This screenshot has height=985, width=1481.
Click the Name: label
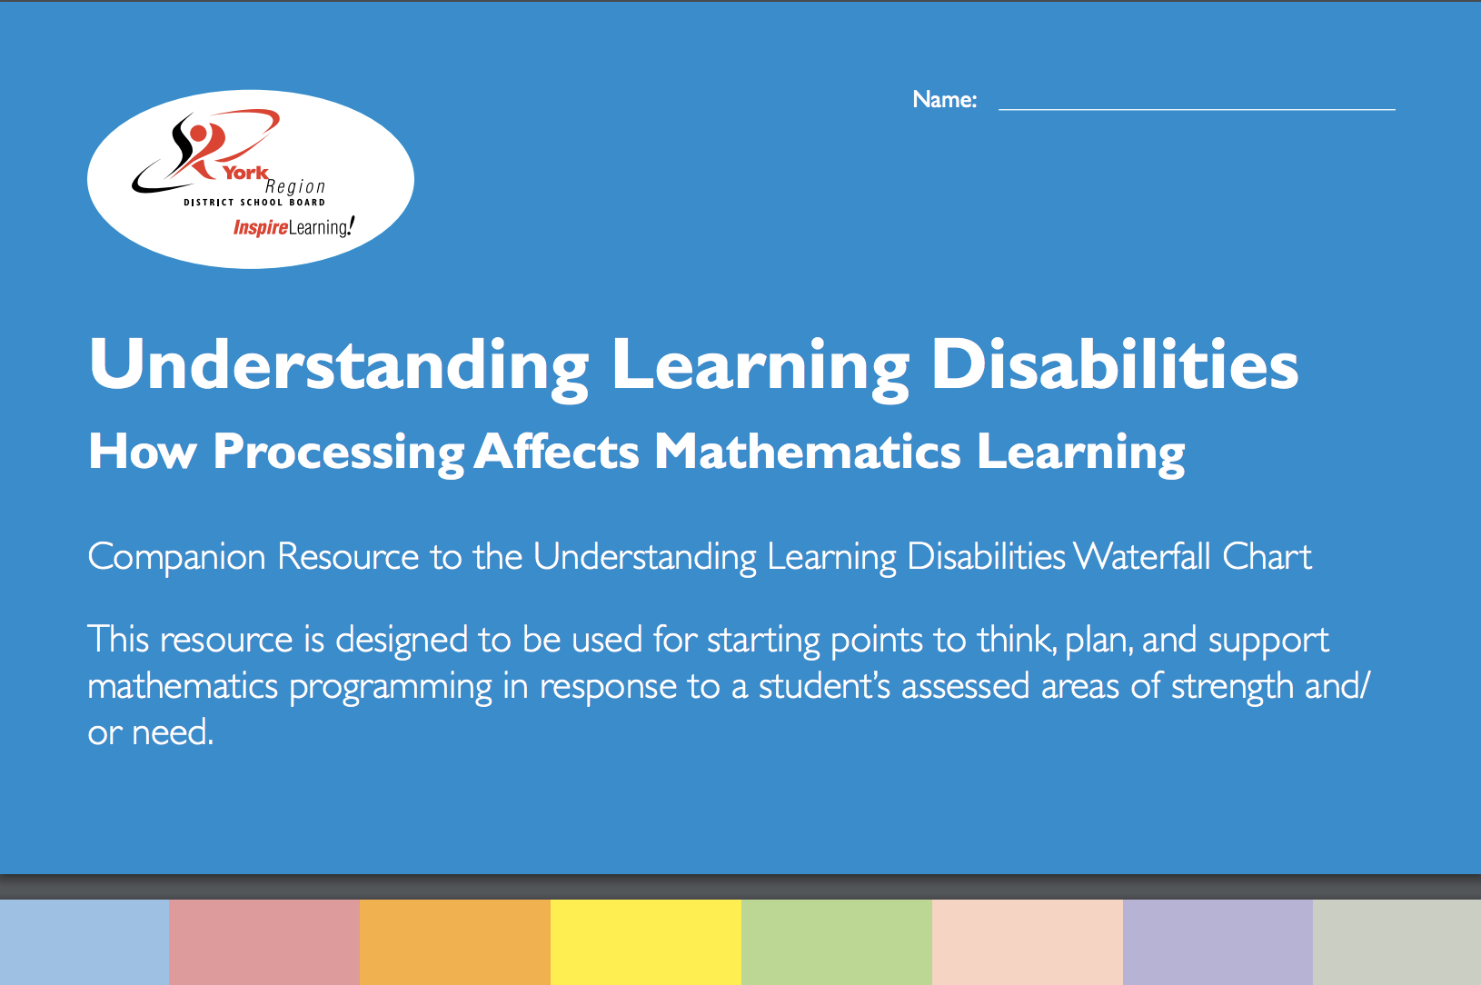tap(944, 99)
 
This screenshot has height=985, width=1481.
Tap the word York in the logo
tap(246, 173)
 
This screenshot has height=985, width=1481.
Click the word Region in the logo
tap(295, 186)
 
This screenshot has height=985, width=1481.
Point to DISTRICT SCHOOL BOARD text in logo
tap(254, 203)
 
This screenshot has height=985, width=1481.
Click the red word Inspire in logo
tap(260, 227)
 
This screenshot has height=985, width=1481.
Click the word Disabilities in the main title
tap(1115, 365)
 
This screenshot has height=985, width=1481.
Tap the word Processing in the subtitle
tap(338, 452)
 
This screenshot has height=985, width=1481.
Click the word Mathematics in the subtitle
tap(807, 452)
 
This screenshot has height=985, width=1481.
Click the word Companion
tap(176, 556)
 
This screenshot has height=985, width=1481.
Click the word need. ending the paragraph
tap(173, 732)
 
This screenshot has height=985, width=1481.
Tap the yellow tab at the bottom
tap(645, 942)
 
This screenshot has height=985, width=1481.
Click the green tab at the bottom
tap(836, 942)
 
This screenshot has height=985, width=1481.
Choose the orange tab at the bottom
tap(454, 942)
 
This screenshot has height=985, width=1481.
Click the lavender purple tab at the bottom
tap(1218, 942)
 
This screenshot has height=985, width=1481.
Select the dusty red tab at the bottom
tap(263, 942)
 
